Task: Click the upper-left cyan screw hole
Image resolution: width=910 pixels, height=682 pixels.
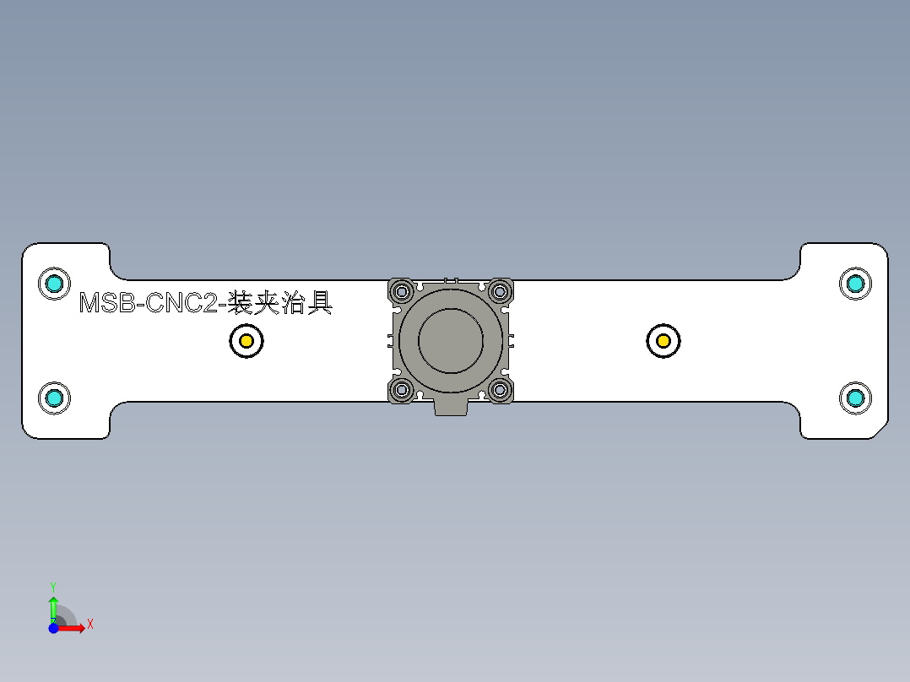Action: [54, 284]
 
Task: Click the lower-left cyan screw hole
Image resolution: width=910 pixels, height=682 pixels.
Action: [54, 397]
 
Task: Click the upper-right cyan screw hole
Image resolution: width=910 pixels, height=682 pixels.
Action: [855, 284]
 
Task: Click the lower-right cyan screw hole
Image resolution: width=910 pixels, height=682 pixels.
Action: [855, 397]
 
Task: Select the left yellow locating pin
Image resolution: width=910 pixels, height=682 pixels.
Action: [246, 341]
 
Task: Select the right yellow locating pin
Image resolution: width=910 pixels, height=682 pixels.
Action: [664, 341]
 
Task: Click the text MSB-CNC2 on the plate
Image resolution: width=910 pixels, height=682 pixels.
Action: [149, 303]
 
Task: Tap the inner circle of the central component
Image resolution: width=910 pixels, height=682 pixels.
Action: [451, 340]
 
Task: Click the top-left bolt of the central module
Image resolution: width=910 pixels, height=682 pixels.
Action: [401, 292]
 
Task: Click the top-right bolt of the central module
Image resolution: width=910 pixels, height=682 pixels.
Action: [500, 292]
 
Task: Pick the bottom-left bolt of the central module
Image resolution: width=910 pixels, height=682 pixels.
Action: [401, 390]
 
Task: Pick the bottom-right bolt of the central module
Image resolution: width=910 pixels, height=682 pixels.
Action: [500, 390]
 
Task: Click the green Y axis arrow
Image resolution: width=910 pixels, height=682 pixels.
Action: [53, 606]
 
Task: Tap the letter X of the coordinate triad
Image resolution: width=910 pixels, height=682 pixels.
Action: [89, 625]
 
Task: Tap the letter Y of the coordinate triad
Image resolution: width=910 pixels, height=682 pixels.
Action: [52, 586]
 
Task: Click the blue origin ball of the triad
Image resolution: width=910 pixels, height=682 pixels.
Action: [53, 628]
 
